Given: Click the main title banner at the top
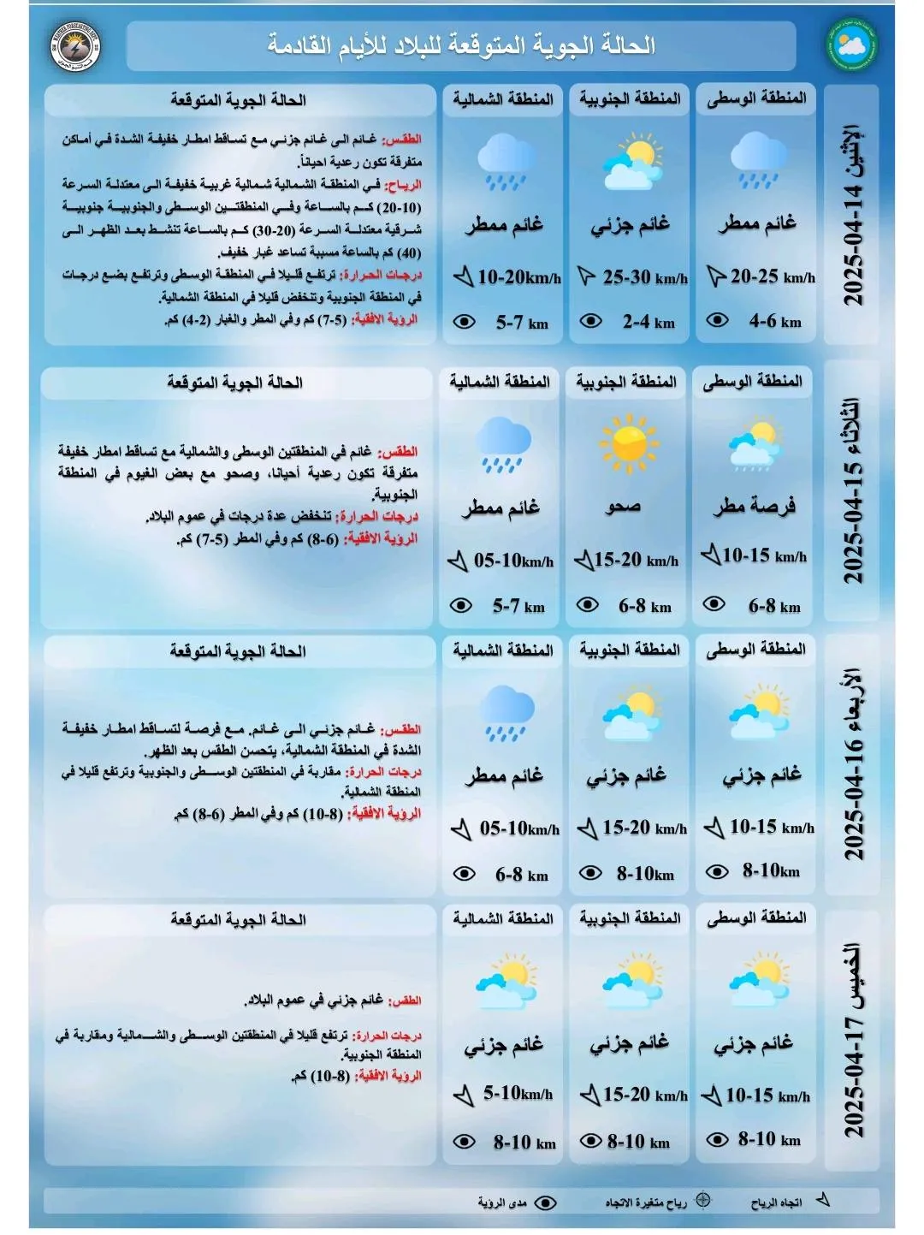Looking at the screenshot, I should [461, 45].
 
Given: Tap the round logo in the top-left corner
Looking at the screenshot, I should [76, 45].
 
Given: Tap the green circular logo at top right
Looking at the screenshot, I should [851, 45].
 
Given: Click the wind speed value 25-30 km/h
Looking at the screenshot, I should [644, 277].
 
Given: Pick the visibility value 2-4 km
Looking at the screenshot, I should [648, 323].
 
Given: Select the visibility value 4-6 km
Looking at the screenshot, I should [774, 322].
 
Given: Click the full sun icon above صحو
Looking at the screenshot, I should [629, 443].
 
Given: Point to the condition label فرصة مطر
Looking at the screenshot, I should [755, 507].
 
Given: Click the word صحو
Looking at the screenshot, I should [624, 507].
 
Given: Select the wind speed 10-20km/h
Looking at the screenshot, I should [518, 277].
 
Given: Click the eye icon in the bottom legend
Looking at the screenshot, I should [545, 1202].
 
